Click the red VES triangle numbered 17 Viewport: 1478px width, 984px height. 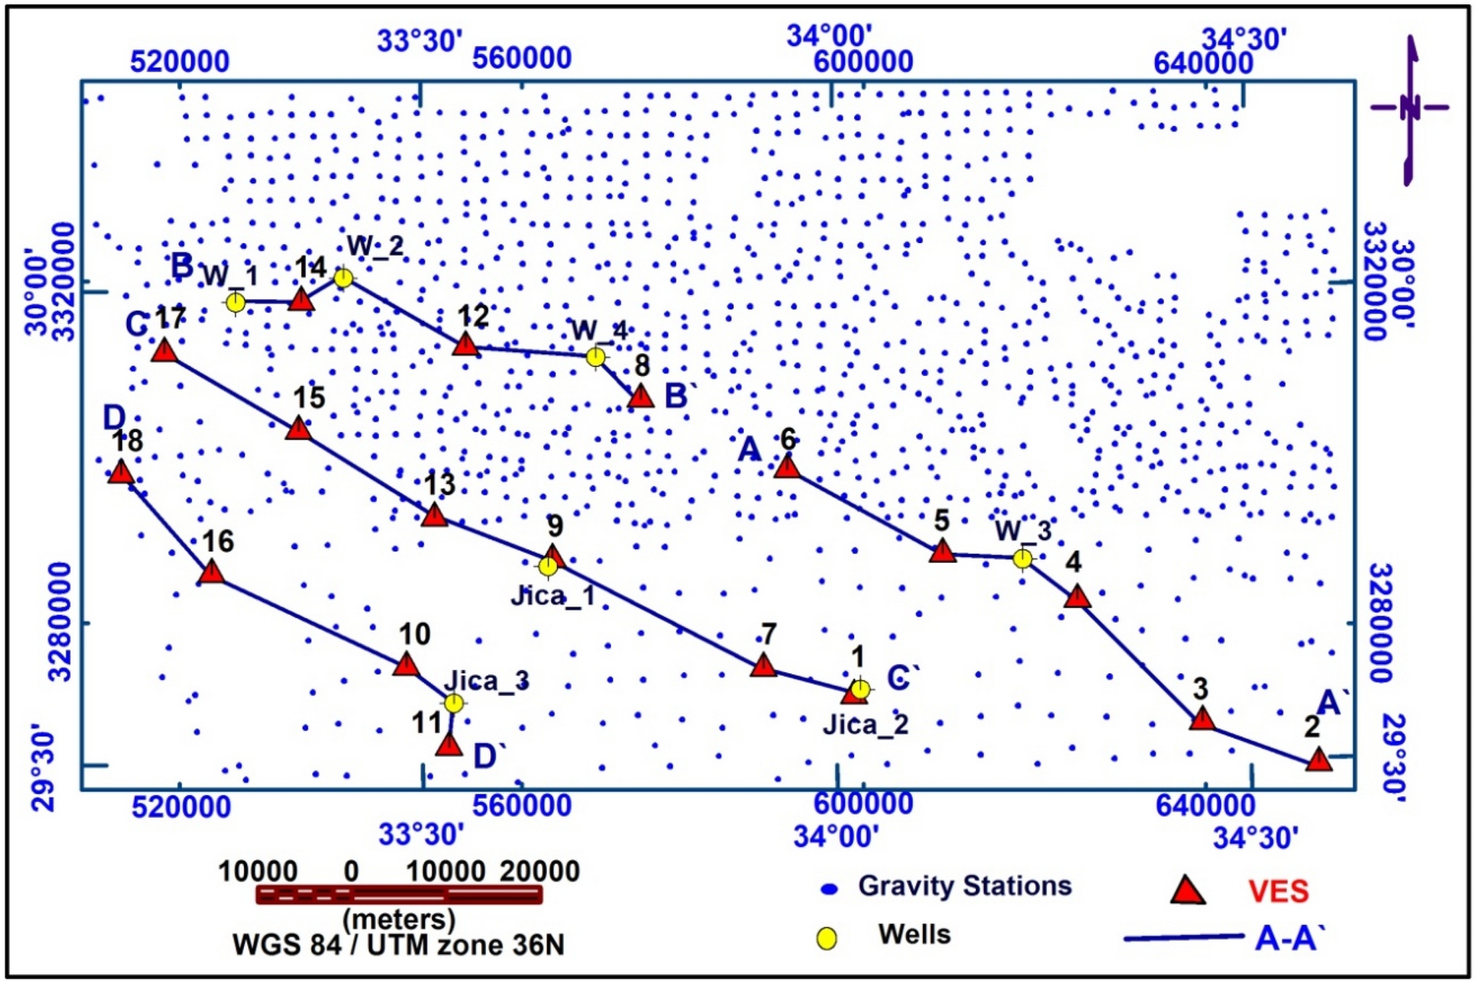[165, 350]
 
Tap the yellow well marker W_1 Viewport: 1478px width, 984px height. [236, 302]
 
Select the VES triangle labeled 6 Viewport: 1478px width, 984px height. [787, 466]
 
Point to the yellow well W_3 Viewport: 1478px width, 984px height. [1023, 559]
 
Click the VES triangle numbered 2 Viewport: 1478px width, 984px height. [1319, 760]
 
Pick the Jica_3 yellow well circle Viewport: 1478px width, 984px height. [453, 703]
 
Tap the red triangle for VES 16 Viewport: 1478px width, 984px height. [213, 572]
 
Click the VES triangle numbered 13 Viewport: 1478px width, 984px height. [434, 515]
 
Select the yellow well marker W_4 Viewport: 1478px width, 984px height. [595, 358]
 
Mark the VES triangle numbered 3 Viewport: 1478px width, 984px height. [1202, 718]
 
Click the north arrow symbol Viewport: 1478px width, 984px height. [1410, 109]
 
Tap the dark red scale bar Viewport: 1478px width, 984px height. [399, 895]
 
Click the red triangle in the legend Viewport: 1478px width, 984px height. [1187, 891]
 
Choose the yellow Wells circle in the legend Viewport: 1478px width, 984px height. [827, 938]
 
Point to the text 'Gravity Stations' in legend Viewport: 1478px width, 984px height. [964, 886]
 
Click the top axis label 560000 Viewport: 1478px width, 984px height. [522, 58]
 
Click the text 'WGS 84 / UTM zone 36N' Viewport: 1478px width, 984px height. [398, 946]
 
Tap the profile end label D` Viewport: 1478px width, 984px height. [490, 757]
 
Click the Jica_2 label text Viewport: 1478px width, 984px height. [865, 724]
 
